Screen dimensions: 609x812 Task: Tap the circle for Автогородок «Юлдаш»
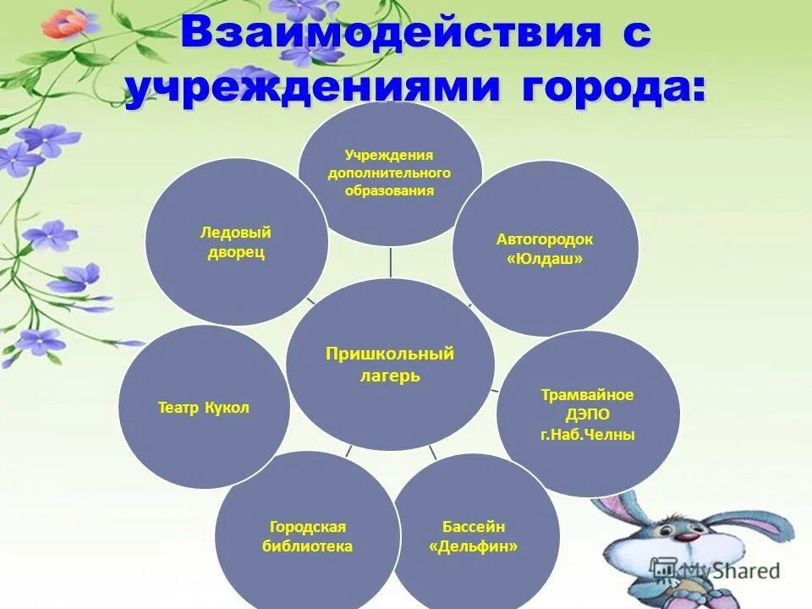click(x=544, y=249)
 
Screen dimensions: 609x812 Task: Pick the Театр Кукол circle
click(x=204, y=408)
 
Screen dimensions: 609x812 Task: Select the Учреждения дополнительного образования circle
click(x=390, y=173)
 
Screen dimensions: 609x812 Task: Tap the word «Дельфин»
click(x=474, y=546)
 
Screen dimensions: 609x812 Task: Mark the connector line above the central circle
click(x=391, y=262)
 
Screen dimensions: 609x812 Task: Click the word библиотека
click(x=306, y=546)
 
